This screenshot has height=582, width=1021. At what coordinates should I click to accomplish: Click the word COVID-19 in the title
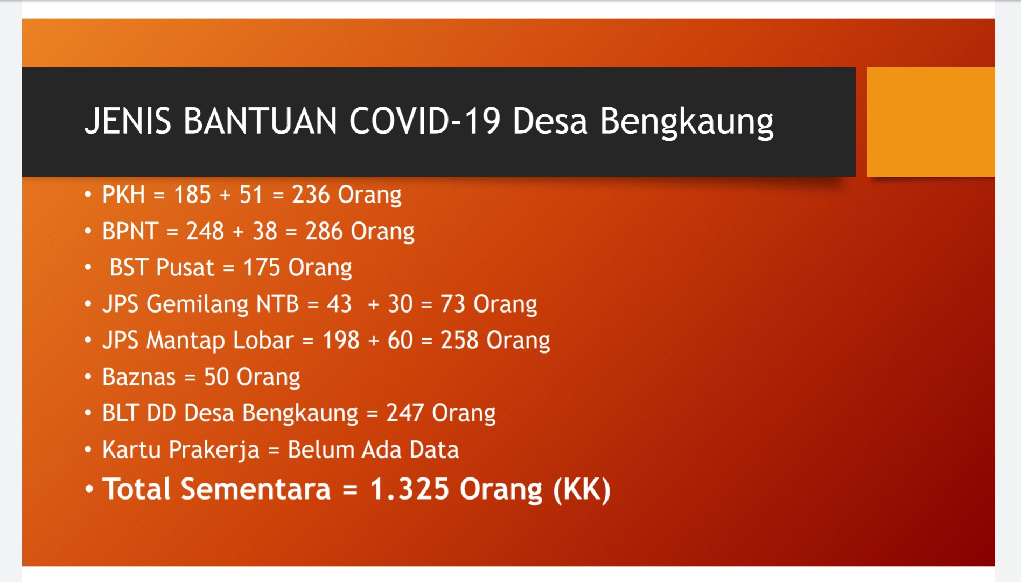pos(425,120)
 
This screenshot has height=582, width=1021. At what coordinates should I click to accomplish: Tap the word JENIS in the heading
pos(128,120)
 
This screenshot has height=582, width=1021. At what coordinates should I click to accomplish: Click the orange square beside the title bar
pos(931,122)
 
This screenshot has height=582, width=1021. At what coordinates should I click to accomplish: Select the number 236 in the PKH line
pos(311,195)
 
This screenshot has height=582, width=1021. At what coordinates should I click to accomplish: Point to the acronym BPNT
pos(130,231)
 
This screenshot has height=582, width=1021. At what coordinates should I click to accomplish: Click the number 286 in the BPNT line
pos(324,231)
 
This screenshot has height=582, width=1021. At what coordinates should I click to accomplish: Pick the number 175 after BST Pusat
pos(262,267)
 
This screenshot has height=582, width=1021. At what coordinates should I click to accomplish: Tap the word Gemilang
pos(197,304)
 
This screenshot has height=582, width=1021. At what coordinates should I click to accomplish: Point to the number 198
pos(341,340)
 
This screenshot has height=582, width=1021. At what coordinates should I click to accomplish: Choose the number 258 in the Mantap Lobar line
pos(459,340)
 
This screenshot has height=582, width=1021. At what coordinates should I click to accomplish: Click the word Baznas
pos(139,377)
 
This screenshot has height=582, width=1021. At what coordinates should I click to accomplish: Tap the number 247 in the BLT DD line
pos(405,413)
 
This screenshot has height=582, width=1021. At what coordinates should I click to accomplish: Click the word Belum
pos(321,449)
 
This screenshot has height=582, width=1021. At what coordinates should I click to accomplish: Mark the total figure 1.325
pos(409,489)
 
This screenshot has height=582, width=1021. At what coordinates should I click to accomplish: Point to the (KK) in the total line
pos(582,489)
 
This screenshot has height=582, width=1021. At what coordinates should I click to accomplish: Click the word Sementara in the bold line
pos(255,489)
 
